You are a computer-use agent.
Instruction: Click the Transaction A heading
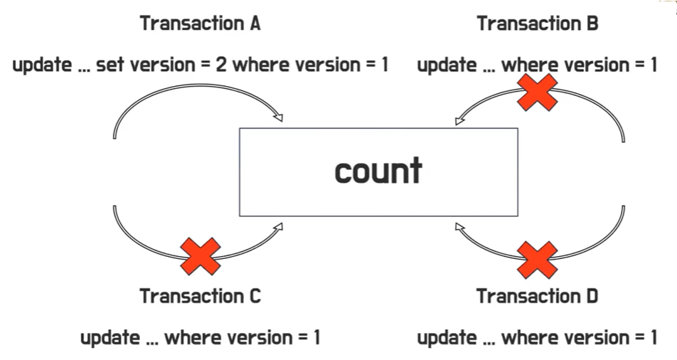tap(201, 23)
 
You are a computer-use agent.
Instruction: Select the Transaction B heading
tap(538, 23)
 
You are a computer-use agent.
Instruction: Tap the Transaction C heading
tap(201, 295)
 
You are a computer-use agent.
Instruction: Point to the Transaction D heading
tap(538, 295)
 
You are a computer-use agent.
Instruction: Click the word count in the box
tap(378, 171)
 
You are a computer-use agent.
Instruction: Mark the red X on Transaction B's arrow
tap(537, 92)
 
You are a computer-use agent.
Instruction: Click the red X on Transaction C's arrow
tap(200, 257)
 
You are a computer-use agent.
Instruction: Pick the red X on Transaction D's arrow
tap(537, 260)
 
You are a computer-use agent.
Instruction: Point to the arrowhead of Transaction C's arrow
tap(278, 227)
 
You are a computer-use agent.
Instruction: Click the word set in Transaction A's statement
tap(110, 65)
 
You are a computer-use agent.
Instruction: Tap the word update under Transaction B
tap(447, 65)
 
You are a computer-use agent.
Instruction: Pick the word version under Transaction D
tap(591, 337)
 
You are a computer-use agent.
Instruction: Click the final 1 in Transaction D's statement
tap(653, 337)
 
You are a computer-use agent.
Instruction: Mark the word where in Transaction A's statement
tap(260, 65)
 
